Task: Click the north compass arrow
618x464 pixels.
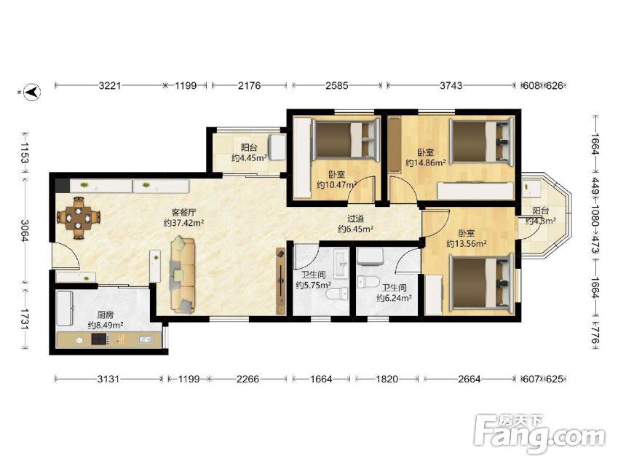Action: pyautogui.click(x=32, y=92)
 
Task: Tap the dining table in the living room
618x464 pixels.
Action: pyautogui.click(x=79, y=217)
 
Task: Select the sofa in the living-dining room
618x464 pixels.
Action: pyautogui.click(x=183, y=275)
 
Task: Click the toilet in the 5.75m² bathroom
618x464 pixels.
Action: pyautogui.click(x=337, y=294)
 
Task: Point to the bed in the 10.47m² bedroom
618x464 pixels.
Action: pyautogui.click(x=346, y=140)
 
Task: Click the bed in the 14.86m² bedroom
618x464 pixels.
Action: pyautogui.click(x=482, y=141)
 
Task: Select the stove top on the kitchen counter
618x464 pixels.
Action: pyautogui.click(x=100, y=339)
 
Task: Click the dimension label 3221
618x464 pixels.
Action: pyautogui.click(x=110, y=85)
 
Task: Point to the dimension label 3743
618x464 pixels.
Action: pyautogui.click(x=451, y=85)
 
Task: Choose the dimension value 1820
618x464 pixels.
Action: pyautogui.click(x=387, y=380)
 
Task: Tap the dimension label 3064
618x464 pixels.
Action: pyautogui.click(x=25, y=230)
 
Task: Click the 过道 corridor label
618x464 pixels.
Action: pyautogui.click(x=355, y=219)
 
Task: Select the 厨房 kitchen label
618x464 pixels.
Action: pyautogui.click(x=106, y=315)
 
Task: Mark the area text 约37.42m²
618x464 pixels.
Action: pyautogui.click(x=183, y=223)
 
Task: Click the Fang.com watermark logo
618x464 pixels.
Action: pyautogui.click(x=539, y=434)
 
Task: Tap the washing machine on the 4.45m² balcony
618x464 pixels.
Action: pyautogui.click(x=277, y=147)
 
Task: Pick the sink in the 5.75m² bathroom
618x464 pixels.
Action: pyautogui.click(x=341, y=263)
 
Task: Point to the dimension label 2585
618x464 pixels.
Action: pyautogui.click(x=337, y=85)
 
